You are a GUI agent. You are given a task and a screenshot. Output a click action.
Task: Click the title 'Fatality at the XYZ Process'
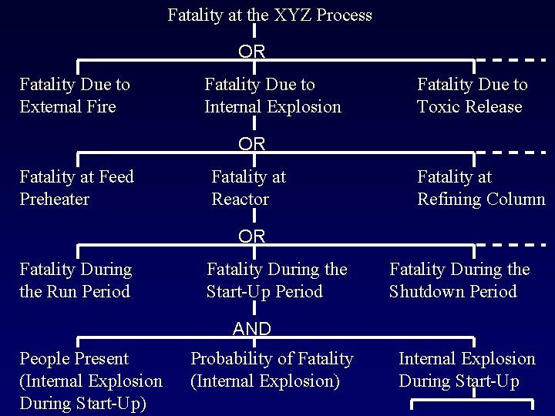pos(270,15)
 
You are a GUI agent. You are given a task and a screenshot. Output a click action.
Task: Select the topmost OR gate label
pos(252,52)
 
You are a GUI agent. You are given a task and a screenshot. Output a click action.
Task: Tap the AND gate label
pos(252,329)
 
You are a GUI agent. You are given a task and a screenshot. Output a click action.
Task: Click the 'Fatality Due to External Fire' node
pos(75,96)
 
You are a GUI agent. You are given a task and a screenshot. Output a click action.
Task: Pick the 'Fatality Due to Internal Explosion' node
pos(272,96)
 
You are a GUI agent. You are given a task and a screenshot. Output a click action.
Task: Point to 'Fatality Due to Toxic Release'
pos(472,96)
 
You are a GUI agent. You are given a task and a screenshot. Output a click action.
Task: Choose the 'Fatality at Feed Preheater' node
pos(76,188)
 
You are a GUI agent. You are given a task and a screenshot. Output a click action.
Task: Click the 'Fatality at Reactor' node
pos(248,188)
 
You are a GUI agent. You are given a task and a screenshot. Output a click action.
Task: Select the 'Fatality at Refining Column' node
pos(480,188)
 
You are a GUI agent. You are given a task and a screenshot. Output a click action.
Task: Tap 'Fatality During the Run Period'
pos(76,280)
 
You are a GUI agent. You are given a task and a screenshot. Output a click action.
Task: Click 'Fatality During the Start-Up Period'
pos(277,280)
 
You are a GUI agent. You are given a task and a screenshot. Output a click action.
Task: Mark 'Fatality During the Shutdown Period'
pos(459,280)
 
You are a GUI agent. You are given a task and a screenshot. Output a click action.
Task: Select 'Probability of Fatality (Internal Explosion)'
pos(271,370)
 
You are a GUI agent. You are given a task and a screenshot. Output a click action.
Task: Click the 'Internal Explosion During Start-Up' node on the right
pos(466,370)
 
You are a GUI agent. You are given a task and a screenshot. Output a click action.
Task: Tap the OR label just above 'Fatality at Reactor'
pos(252,144)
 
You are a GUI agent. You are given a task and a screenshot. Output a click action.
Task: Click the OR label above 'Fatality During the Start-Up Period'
pos(252,237)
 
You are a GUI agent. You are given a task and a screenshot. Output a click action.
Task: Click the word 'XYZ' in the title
pos(289,15)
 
